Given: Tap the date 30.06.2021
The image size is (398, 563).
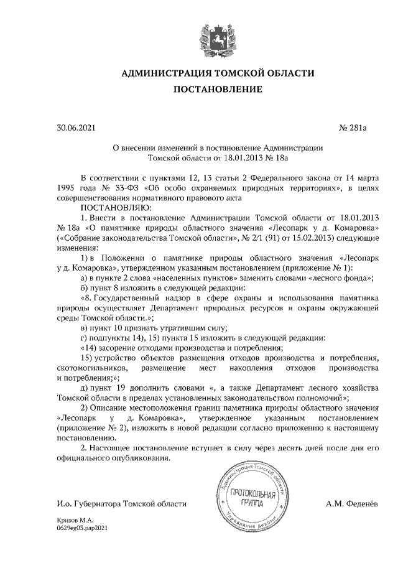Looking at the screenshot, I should pyautogui.click(x=76, y=129).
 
